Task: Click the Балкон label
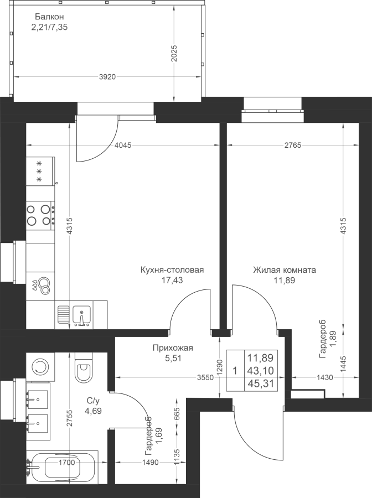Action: (x=50, y=17)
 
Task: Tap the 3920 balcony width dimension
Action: (x=107, y=77)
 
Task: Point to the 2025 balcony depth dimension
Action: (x=174, y=54)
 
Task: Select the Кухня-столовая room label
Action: (x=172, y=270)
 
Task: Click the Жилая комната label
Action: (x=285, y=270)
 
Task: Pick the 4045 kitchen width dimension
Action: (x=123, y=146)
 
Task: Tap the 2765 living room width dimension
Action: (x=293, y=146)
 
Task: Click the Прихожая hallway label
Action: (x=173, y=348)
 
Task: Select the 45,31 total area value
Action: (x=261, y=383)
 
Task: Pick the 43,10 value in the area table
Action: (x=261, y=371)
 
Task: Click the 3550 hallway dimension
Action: (x=205, y=377)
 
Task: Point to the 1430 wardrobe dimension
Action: (x=324, y=377)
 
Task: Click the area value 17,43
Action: (x=172, y=281)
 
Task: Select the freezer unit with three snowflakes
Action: (x=40, y=171)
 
